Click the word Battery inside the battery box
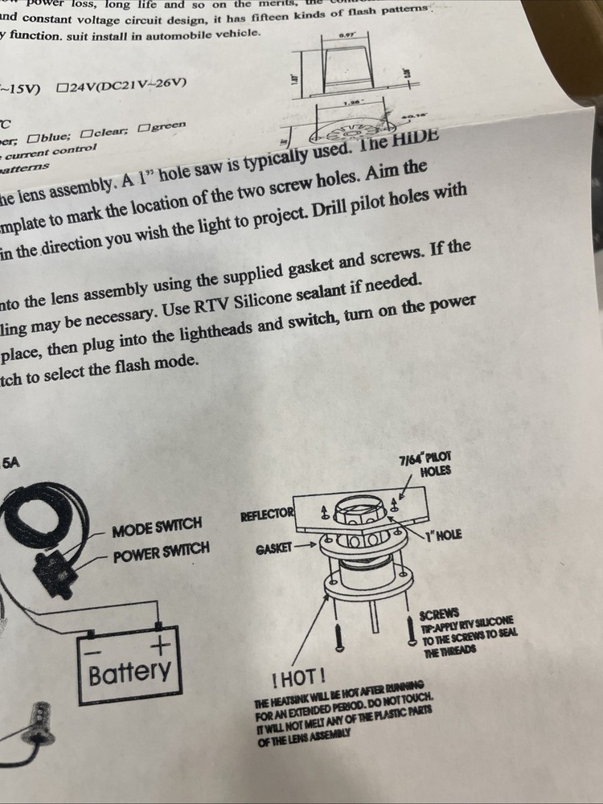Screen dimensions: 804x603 tap(129, 671)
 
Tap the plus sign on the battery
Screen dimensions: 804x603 tap(163, 644)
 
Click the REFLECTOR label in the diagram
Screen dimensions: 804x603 tap(268, 514)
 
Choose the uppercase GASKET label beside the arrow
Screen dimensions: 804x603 tap(273, 548)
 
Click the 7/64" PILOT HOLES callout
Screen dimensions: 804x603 tap(430, 464)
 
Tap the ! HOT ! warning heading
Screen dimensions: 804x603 tap(298, 678)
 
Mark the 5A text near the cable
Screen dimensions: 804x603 tap(12, 462)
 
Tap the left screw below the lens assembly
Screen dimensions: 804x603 tap(338, 640)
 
